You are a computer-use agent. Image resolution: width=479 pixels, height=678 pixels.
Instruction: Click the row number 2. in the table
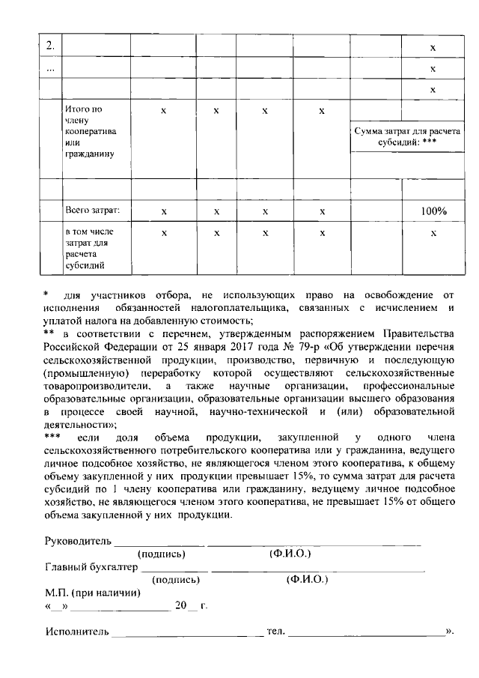pyautogui.click(x=49, y=46)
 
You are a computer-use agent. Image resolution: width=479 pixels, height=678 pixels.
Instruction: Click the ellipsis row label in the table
pyautogui.click(x=49, y=68)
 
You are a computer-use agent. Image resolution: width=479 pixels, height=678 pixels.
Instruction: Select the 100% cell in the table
pyautogui.click(x=433, y=211)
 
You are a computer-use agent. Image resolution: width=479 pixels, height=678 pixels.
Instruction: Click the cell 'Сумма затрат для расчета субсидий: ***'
pyautogui.click(x=406, y=136)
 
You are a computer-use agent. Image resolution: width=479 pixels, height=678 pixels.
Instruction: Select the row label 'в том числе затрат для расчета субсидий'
pyautogui.click(x=88, y=249)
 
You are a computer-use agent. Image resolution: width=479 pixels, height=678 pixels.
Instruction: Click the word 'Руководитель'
pyautogui.click(x=79, y=541)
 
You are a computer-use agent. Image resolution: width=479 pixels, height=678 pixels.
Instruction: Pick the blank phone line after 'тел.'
pyautogui.click(x=367, y=634)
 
